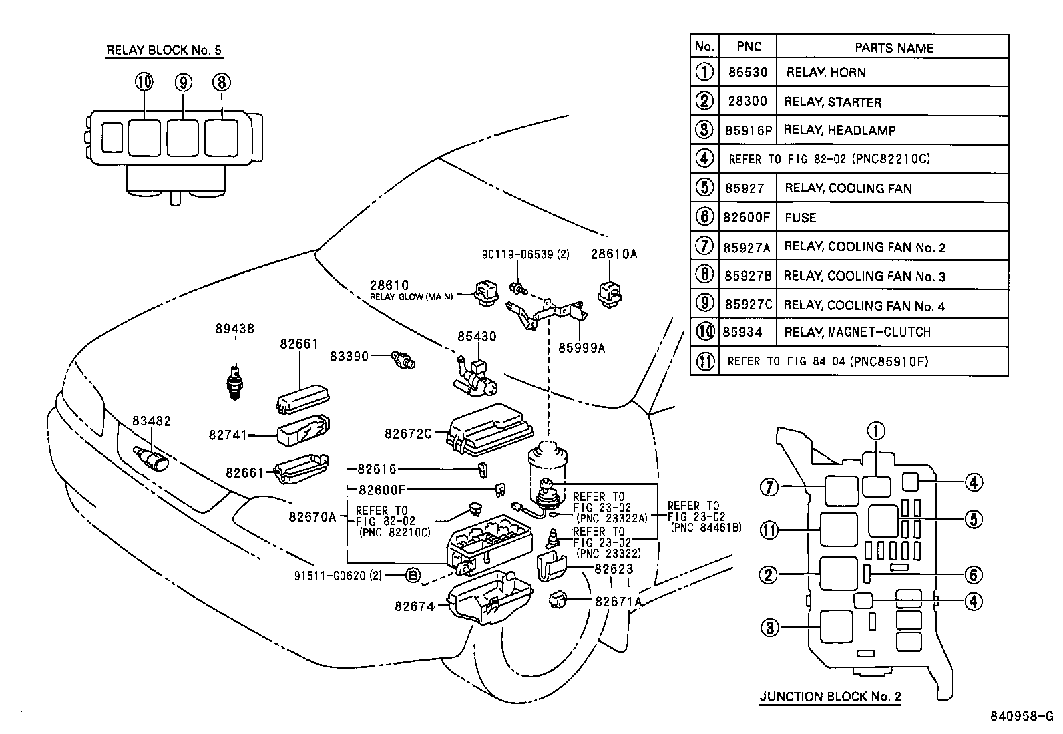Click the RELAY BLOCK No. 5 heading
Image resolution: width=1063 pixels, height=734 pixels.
tap(164, 50)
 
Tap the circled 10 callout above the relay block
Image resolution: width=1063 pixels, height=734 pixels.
tap(144, 82)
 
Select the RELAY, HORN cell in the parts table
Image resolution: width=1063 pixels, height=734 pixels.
tap(826, 73)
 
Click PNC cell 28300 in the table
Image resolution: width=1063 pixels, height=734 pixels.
tap(747, 102)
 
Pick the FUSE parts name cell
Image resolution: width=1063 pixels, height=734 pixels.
tap(801, 218)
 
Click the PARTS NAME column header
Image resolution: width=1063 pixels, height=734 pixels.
tap(893, 48)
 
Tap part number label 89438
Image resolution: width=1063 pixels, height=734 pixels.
tap(234, 329)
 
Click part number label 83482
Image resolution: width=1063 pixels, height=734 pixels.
tap(152, 421)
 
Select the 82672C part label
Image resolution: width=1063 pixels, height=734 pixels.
tap(408, 433)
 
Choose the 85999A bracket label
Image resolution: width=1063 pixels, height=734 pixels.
tap(582, 348)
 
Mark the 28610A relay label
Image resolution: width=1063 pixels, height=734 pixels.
tap(614, 254)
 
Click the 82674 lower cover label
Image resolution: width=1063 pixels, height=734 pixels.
tap(414, 606)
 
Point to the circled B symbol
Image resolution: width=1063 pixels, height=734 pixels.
tap(413, 576)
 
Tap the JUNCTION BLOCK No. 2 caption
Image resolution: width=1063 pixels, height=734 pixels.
tap(830, 697)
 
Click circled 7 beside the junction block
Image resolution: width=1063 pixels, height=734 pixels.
tap(769, 488)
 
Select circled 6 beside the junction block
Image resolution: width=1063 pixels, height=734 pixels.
tap(972, 574)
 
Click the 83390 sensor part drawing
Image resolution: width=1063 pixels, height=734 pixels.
tap(404, 360)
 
